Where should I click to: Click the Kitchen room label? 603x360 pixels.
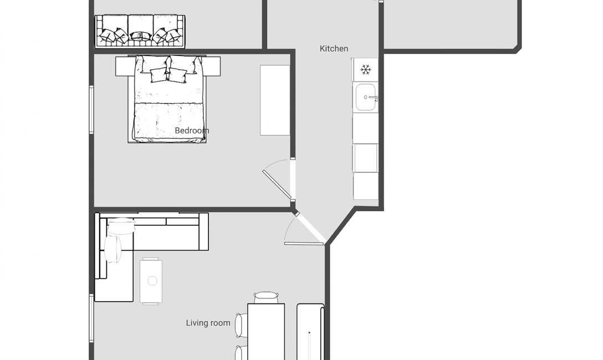pos(334,49)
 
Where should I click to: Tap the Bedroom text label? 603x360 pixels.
pos(192,131)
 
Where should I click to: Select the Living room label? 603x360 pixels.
pos(208,323)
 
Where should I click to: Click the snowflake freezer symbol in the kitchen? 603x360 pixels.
pos(365,70)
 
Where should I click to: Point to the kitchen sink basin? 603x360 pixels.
pos(365,97)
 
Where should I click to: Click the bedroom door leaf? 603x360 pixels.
pos(277,184)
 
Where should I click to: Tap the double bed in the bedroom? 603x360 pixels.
pos(167,99)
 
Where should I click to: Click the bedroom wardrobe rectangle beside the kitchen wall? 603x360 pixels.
pos(275,100)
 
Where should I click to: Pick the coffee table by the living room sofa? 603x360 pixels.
pos(151,281)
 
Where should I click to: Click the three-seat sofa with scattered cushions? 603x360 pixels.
pos(140,32)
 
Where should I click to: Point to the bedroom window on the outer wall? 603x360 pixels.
pos(91,110)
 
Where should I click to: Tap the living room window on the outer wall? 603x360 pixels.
pos(91,318)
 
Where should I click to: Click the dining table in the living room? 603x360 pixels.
pos(266,332)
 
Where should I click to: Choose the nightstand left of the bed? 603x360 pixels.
pos(122,66)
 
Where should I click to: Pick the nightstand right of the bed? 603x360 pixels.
pos(213,66)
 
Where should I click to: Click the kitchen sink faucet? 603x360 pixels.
pos(374,97)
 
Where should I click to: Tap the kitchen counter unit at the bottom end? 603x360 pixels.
pos(365,186)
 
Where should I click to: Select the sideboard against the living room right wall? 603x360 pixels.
pos(310,332)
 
